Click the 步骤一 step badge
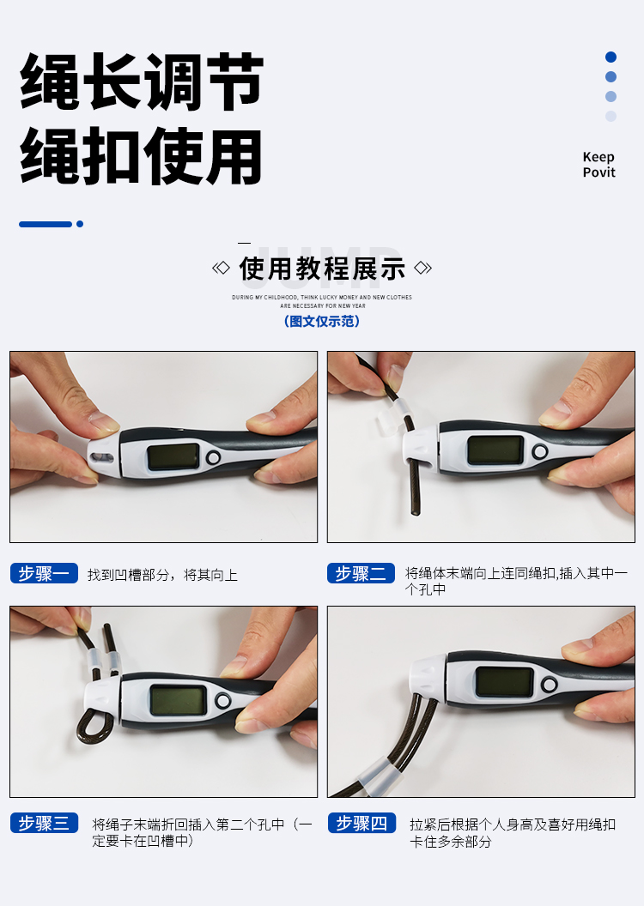[x=44, y=573]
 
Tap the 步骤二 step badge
[x=361, y=573]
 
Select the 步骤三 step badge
[x=44, y=823]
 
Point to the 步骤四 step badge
[x=361, y=823]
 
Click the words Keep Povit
[x=598, y=165]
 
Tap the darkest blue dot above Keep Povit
[x=611, y=57]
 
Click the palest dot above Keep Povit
[x=611, y=116]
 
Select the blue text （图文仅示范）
[x=322, y=321]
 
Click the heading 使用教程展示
[x=322, y=269]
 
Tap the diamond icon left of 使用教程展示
[x=221, y=268]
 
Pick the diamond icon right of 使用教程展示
[x=423, y=268]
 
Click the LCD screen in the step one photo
[x=173, y=456]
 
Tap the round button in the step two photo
[x=540, y=452]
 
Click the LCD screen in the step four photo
[x=504, y=682]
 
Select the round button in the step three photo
[x=222, y=702]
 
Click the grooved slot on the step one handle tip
[x=101, y=458]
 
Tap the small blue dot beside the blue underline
[x=80, y=224]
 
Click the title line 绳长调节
[x=142, y=82]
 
